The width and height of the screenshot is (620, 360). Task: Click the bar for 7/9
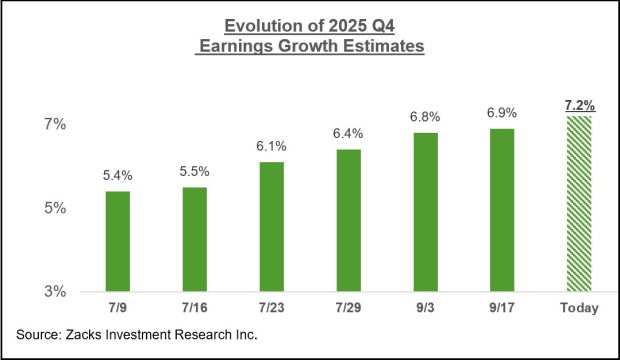(x=117, y=241)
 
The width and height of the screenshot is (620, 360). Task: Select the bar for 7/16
(x=195, y=239)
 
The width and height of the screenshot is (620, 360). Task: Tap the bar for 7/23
(x=272, y=226)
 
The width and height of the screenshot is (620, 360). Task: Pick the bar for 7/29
(x=348, y=220)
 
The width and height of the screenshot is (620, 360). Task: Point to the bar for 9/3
(x=425, y=212)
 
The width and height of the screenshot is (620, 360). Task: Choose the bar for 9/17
(x=501, y=210)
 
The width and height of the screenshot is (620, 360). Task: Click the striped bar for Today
(x=579, y=204)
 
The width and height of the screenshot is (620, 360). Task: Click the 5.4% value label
(x=117, y=176)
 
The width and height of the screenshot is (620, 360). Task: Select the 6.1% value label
(x=272, y=147)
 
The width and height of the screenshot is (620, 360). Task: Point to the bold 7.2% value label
(x=579, y=103)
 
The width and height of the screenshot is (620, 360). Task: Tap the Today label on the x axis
(x=579, y=308)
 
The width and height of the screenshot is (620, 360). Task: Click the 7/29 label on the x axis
(x=348, y=308)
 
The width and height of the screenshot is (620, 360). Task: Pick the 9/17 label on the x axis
(x=501, y=308)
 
